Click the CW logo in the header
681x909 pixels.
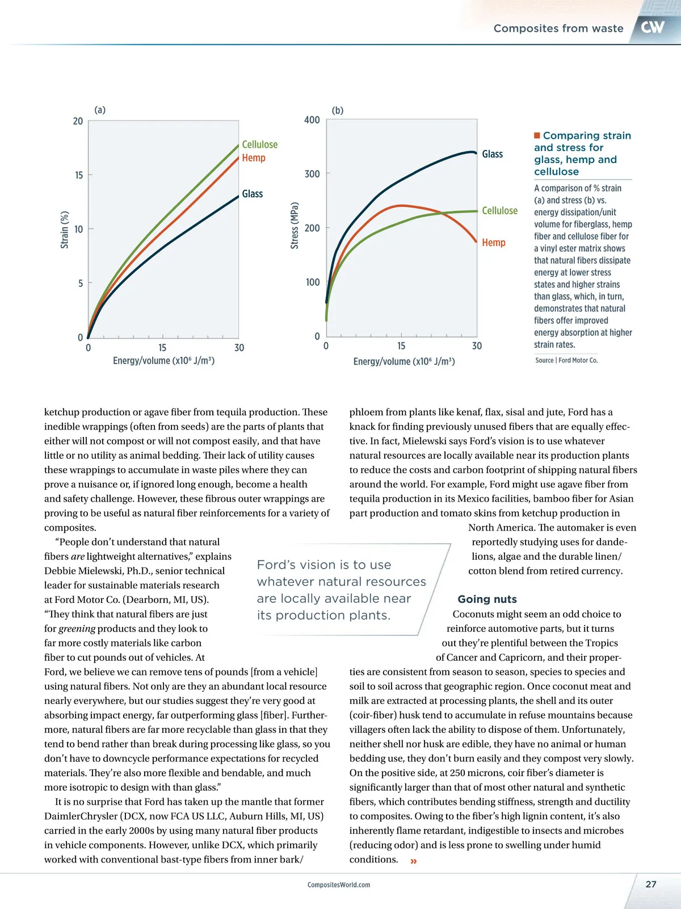coord(653,27)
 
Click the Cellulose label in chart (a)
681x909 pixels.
coord(259,145)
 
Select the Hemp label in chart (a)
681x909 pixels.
coord(253,158)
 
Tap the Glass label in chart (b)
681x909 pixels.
coord(492,154)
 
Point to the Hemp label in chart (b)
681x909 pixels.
coord(493,243)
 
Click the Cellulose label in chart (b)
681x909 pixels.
coord(499,211)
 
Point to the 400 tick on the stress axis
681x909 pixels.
coord(312,120)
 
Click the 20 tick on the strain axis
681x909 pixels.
coord(78,121)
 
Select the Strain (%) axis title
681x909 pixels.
coord(65,230)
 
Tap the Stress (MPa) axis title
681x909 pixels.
coord(295,226)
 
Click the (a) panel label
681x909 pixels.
coord(100,110)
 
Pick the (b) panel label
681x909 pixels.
coord(338,110)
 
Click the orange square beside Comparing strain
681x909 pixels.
coord(537,135)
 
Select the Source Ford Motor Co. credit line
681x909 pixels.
coord(566,360)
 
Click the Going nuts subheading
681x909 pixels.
coord(487,599)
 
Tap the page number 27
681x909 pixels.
coord(651,884)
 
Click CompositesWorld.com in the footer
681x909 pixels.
coord(339,885)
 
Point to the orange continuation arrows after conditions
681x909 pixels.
coord(414,861)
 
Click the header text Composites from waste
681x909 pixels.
coord(558,28)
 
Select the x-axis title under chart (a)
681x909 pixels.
coord(163,361)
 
